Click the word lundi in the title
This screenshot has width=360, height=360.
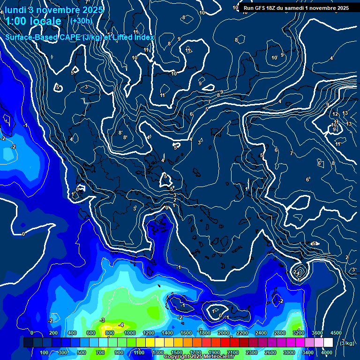tap(15, 10)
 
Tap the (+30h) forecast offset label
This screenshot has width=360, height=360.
tap(81, 21)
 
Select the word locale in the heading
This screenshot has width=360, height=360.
tap(45, 21)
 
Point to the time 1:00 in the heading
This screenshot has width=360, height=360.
tap(16, 21)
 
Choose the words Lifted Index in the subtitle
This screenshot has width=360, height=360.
tap(137, 37)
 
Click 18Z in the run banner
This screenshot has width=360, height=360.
tap(272, 8)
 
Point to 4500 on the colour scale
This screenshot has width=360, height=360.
tap(336, 333)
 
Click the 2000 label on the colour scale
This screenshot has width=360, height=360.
tap(223, 333)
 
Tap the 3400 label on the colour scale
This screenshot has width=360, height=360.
tap(308, 352)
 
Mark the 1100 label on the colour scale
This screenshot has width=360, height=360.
tap(139, 352)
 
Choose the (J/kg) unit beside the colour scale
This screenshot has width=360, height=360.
tap(347, 343)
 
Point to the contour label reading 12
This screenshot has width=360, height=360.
tap(335, 114)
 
